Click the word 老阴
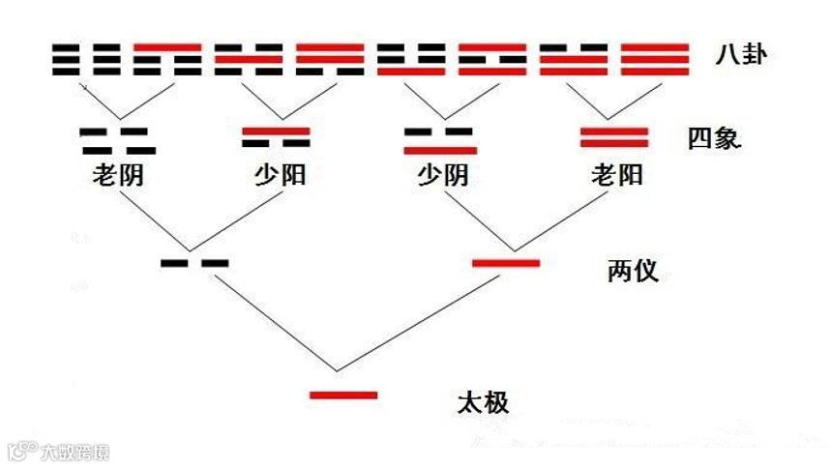(117, 176)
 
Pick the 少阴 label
(441, 176)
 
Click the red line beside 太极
(342, 395)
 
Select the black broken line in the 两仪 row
(194, 262)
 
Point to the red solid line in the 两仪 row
(505, 262)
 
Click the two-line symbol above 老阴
(117, 140)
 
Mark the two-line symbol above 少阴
(439, 140)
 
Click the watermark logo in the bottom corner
(58, 452)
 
